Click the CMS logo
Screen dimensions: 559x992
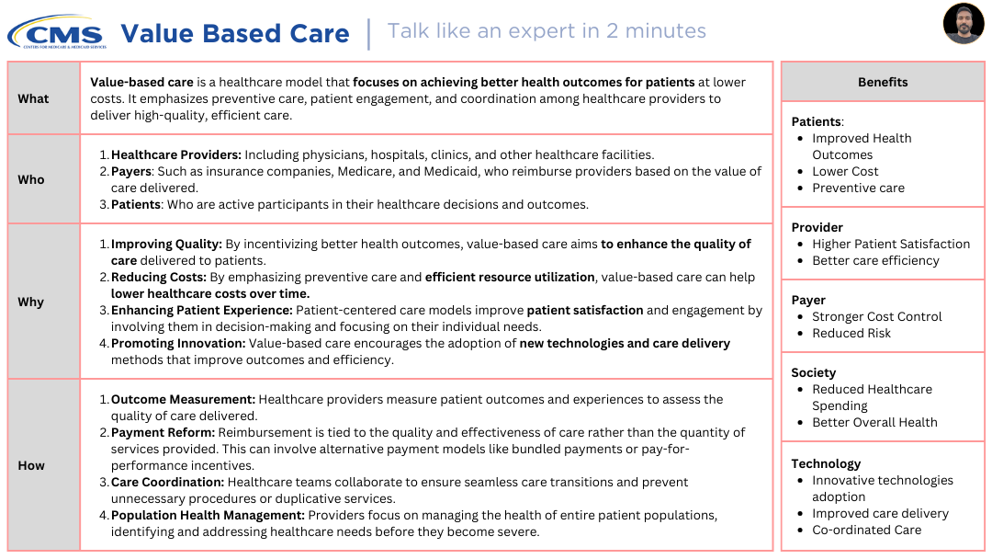(57, 33)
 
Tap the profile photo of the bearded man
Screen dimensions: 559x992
(964, 24)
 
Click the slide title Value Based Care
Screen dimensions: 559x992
(235, 34)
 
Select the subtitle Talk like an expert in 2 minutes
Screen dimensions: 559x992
(547, 30)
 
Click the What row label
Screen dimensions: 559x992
(33, 98)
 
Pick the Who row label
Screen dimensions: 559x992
(31, 179)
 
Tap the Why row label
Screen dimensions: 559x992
(31, 302)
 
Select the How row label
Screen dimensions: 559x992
(31, 465)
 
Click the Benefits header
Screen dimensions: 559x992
(883, 82)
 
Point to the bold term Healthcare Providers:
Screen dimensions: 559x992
(175, 154)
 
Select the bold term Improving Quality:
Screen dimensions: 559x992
(166, 244)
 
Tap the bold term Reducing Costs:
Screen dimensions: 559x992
(159, 277)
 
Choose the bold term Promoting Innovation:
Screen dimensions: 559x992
(178, 343)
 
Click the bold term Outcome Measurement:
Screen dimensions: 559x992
(183, 399)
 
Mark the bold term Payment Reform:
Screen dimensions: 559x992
(163, 432)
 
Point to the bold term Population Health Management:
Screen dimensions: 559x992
(208, 515)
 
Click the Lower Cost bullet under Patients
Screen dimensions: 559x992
(845, 171)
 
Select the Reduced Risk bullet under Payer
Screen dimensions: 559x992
(851, 333)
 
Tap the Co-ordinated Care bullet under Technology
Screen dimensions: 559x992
(866, 530)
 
